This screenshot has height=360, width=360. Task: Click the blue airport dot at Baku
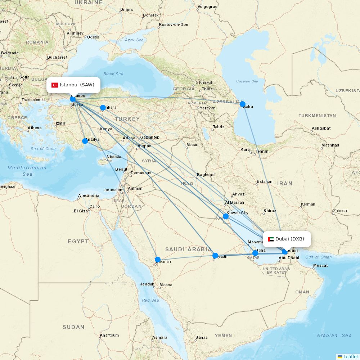pos(243,104)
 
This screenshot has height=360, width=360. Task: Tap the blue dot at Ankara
pos(103,108)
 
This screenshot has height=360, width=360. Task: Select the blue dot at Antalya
pos(85,141)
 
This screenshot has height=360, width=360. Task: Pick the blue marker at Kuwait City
pos(225,216)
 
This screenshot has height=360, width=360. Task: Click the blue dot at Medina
pos(158,259)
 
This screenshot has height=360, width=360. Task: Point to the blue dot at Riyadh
pos(215,256)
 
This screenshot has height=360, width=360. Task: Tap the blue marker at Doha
pos(255,253)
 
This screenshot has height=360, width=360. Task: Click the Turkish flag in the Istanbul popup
pos(55,85)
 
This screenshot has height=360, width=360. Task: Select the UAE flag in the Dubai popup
pos(271,239)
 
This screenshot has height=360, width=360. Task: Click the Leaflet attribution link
pos(350,356)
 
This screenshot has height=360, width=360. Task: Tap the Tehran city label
pos(262,151)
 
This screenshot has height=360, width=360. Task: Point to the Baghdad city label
pos(206,175)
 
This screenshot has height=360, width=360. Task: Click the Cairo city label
pos(94,206)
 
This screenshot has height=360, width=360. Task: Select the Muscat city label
pos(320,266)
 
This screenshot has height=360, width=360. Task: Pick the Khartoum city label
pos(109,335)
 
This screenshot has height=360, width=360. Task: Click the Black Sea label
pos(113,74)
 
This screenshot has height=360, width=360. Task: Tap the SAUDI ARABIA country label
pos(188,249)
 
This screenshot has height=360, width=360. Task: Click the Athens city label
pos(35,128)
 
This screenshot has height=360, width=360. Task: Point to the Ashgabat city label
pos(321,128)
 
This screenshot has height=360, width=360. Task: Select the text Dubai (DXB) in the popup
pos(290,239)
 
